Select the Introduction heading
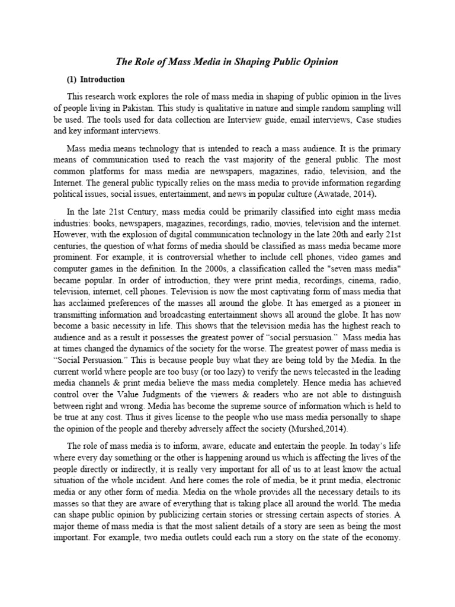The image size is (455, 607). click(102, 79)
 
